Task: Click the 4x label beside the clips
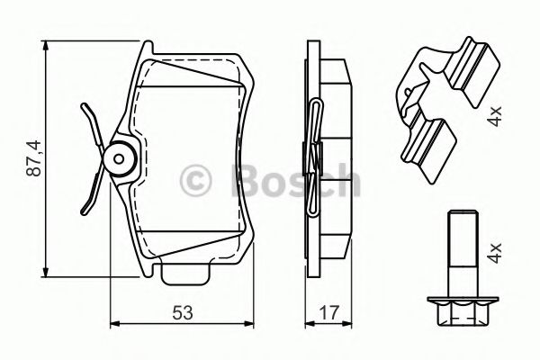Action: click(x=495, y=117)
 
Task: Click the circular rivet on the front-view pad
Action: click(x=117, y=159)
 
